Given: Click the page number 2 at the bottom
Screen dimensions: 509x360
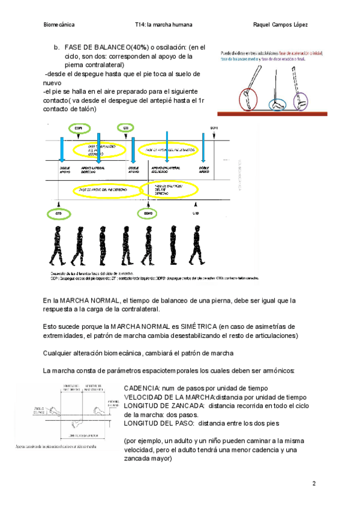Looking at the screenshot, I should coord(313,483).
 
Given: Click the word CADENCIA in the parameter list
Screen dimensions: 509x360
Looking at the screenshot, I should coord(142,388).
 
